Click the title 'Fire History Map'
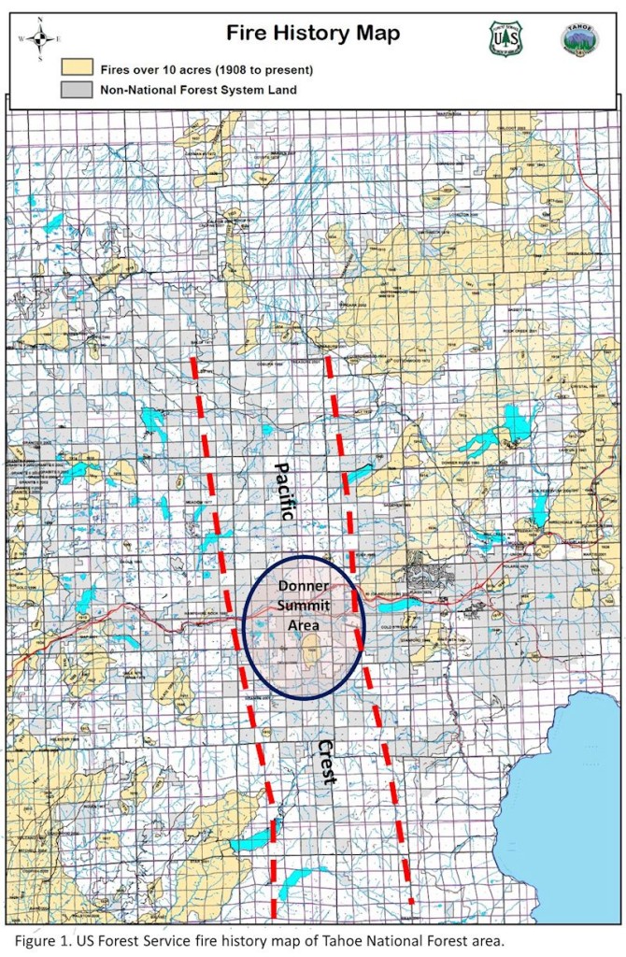click(313, 34)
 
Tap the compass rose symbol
click(40, 39)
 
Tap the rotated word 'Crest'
click(326, 762)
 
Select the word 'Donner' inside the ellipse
click(301, 586)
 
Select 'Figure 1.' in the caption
click(42, 939)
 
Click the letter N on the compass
click(40, 28)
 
